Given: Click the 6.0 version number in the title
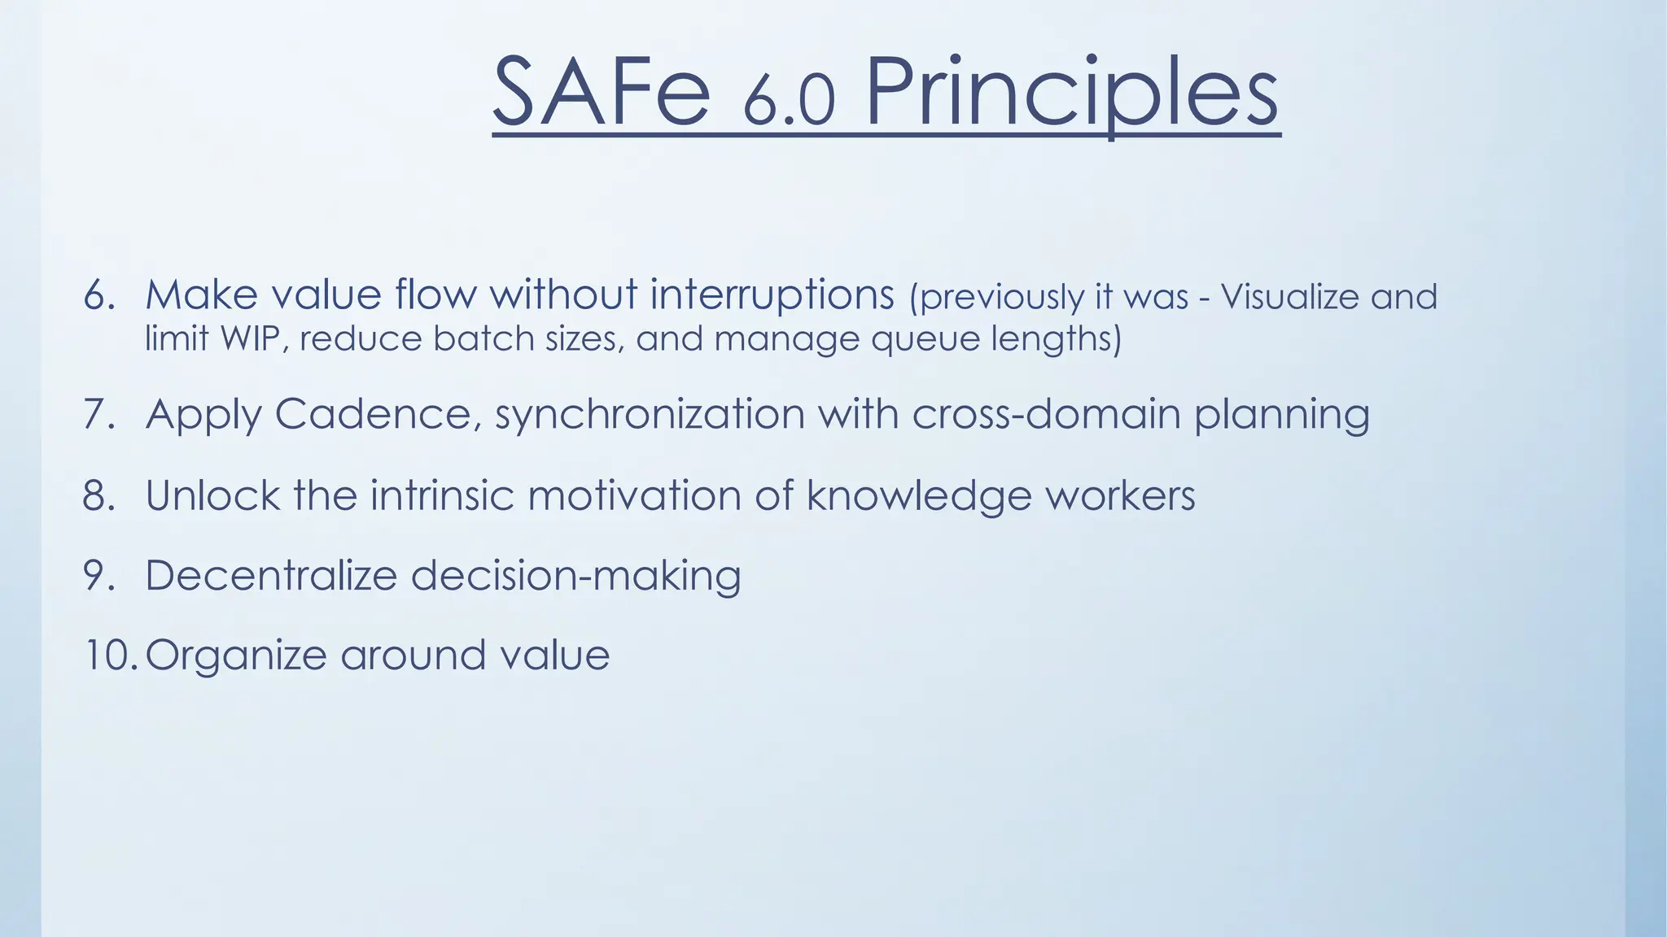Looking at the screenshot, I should pos(788,102).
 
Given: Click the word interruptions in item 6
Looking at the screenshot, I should pos(772,295).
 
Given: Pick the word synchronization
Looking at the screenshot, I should pos(650,416).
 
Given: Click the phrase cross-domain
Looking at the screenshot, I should pos(1046,414).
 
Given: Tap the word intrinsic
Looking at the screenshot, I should pos(442,495).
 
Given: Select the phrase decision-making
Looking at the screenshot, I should pos(575,577).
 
